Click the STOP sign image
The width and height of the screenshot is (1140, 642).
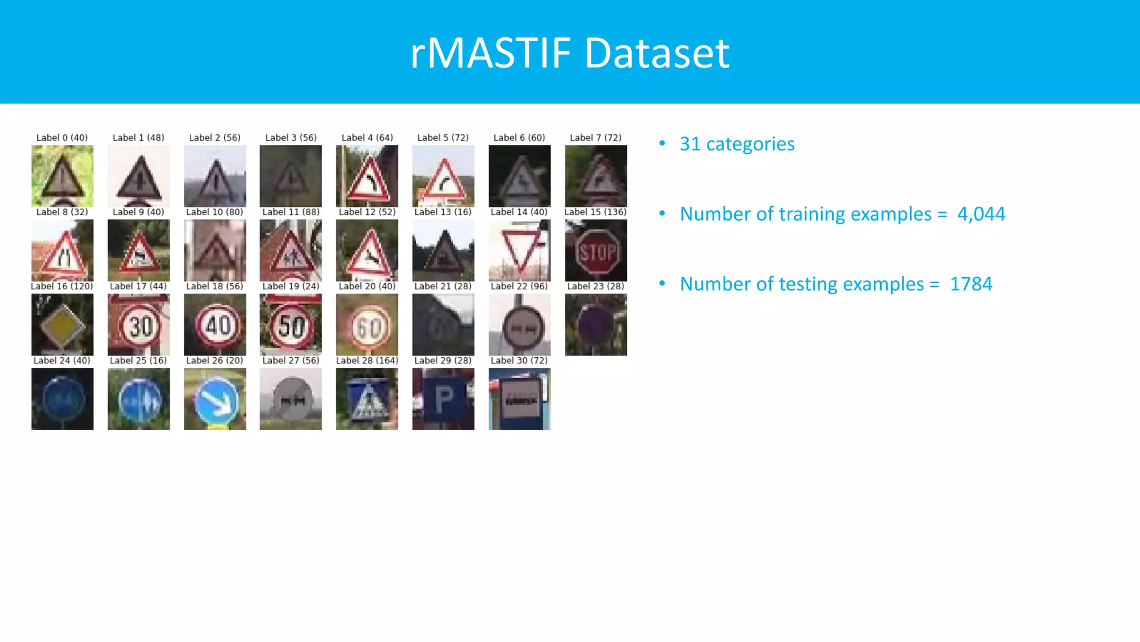[x=596, y=250]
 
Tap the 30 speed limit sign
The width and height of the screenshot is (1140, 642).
[x=139, y=325]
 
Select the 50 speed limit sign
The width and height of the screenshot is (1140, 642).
[x=291, y=325]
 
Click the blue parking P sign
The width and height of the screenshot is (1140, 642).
[x=443, y=399]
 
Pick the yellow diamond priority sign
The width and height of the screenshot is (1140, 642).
[x=62, y=325]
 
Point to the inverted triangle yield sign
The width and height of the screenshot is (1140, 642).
[x=519, y=250]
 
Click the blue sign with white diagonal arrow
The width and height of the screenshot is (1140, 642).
[x=215, y=399]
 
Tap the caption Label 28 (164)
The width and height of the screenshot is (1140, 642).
[x=367, y=361]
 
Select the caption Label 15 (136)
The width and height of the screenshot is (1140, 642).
[x=595, y=212]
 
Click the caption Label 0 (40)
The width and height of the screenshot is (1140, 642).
[x=62, y=138]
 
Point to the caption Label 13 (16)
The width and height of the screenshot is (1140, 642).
[x=443, y=212]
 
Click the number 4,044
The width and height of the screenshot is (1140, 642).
[x=981, y=214]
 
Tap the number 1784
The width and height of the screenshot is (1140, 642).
[x=971, y=284]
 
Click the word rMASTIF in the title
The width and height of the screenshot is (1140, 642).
[x=490, y=53]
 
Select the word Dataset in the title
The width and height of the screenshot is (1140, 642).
[x=657, y=53]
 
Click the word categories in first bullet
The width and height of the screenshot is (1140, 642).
[x=750, y=144]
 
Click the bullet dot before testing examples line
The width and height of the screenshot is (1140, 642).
[x=662, y=284]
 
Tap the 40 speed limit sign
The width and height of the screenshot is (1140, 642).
[x=215, y=325]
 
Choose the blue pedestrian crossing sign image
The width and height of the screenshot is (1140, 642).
[x=367, y=399]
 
